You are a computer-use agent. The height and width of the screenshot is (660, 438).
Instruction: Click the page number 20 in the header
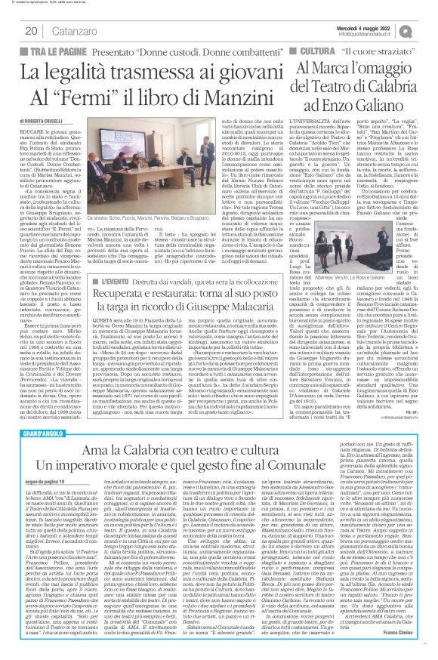30,31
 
